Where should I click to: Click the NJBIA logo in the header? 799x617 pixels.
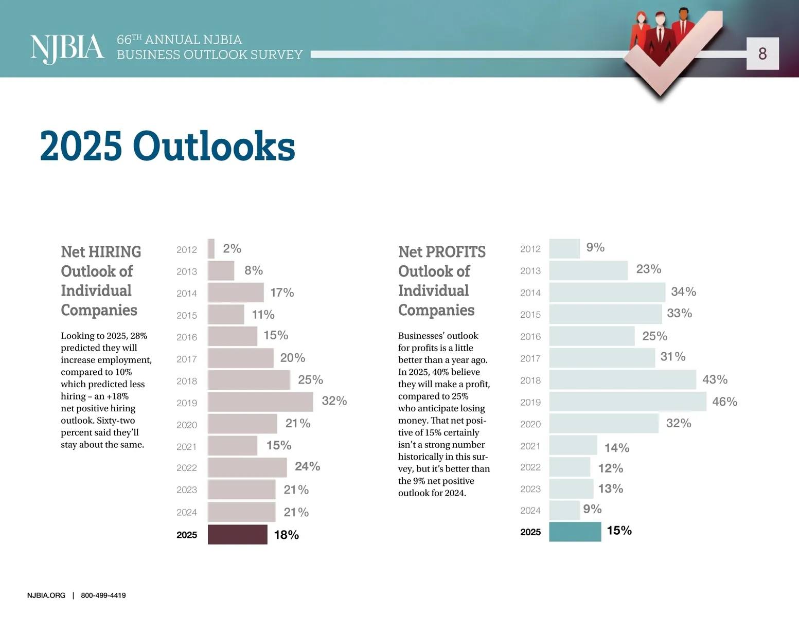coord(67,49)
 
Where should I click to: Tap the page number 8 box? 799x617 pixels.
coord(762,53)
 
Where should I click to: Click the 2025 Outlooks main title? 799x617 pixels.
coord(167,146)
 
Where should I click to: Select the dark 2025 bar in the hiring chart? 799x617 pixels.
coord(237,535)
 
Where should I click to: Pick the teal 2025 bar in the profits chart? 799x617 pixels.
coord(575,532)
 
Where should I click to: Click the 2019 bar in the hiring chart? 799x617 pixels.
coord(260,402)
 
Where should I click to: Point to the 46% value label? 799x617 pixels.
coord(724,402)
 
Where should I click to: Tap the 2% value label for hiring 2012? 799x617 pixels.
coord(232,249)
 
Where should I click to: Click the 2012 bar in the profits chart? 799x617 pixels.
coord(564,249)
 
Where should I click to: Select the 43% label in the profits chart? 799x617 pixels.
coord(715,379)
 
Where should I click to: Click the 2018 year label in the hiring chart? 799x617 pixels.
coord(187,381)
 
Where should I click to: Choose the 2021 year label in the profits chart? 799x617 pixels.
coord(530,446)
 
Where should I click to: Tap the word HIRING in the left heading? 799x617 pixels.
coord(115,252)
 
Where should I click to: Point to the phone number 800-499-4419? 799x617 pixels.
coord(103,595)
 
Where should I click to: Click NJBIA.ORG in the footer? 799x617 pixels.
coord(46,595)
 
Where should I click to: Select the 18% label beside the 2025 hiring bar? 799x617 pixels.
coord(286,535)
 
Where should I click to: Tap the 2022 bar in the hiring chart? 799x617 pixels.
coord(247,467)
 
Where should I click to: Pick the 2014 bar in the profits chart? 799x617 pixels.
coord(607,292)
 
